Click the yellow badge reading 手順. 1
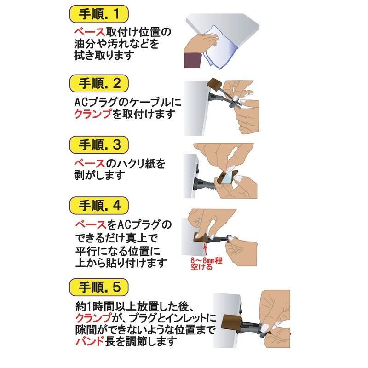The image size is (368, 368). click(x=99, y=14)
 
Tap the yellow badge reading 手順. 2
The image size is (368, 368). click(x=99, y=83)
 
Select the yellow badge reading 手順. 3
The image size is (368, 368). click(x=99, y=144)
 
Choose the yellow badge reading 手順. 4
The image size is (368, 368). click(x=99, y=206)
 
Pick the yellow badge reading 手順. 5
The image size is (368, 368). click(x=99, y=287)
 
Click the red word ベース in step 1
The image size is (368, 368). click(x=90, y=32)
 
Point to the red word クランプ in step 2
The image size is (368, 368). click(x=93, y=114)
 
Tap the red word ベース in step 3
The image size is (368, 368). click(x=90, y=163)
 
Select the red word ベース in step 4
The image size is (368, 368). click(x=91, y=224)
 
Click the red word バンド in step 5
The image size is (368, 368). click(x=90, y=341)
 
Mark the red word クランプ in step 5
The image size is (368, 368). click(x=93, y=317)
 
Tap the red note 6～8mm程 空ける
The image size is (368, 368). click(x=206, y=264)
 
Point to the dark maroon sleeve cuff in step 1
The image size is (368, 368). click(x=192, y=61)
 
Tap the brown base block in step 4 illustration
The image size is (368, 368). click(x=200, y=238)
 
